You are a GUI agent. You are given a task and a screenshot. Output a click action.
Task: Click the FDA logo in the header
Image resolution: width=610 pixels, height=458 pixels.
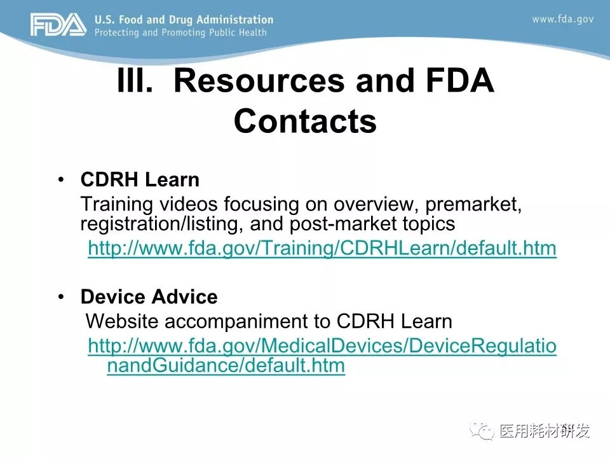pyautogui.click(x=58, y=25)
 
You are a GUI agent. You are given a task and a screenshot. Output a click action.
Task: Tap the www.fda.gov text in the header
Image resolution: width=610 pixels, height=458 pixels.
pyautogui.click(x=563, y=19)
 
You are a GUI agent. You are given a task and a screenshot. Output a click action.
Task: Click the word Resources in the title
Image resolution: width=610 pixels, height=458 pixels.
pyautogui.click(x=259, y=81)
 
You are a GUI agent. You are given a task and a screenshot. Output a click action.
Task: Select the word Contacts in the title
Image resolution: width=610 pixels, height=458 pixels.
pyautogui.click(x=306, y=121)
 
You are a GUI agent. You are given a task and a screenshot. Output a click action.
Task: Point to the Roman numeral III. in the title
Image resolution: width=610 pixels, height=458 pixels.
pyautogui.click(x=135, y=80)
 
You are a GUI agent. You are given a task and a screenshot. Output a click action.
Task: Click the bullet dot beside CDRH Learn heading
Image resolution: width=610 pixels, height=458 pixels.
pyautogui.click(x=61, y=179)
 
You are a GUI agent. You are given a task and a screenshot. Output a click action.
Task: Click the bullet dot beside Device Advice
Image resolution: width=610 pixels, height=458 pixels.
pyautogui.click(x=61, y=297)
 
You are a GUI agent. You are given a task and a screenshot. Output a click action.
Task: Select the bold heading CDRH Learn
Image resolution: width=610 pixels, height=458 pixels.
pyautogui.click(x=140, y=179)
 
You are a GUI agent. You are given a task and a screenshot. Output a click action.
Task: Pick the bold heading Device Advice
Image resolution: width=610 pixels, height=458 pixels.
pyautogui.click(x=149, y=297)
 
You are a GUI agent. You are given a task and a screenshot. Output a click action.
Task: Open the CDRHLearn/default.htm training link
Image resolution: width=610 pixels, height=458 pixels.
pyautogui.click(x=322, y=248)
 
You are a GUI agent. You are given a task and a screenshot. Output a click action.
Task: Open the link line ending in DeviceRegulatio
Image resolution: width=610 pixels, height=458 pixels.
pyautogui.click(x=322, y=346)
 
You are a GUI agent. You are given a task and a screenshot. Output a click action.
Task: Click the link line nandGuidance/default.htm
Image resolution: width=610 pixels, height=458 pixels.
pyautogui.click(x=226, y=366)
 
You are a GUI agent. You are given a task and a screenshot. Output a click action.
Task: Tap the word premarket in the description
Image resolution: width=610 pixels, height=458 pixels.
pyautogui.click(x=473, y=204)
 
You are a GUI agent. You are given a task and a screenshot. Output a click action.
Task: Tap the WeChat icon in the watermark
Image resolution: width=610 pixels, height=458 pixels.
pyautogui.click(x=482, y=430)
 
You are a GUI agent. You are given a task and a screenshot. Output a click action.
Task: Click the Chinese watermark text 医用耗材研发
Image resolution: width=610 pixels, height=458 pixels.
pyautogui.click(x=545, y=431)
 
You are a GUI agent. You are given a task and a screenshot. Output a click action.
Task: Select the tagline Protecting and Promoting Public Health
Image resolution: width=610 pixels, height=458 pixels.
pyautogui.click(x=180, y=32)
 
